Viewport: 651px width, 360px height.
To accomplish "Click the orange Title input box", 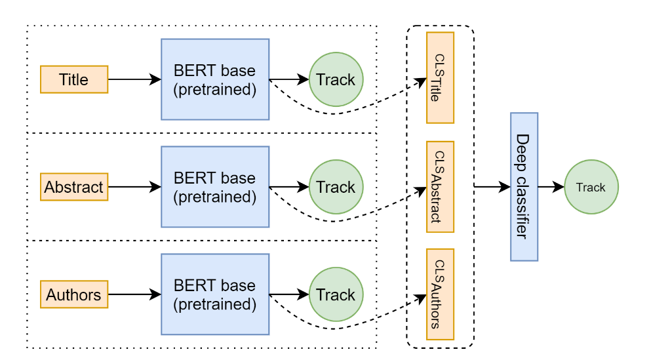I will pos(74,79).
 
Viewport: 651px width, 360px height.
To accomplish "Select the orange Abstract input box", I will pos(74,187).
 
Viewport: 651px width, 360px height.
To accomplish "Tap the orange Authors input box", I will pos(74,294).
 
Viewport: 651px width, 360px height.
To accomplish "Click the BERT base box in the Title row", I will pos(214,79).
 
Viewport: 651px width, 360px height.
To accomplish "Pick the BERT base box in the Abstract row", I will pos(214,187).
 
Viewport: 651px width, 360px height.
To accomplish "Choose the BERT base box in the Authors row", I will pos(214,294).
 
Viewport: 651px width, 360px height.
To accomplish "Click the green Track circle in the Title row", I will pos(336,79).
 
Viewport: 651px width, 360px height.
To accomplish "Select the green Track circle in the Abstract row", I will pos(336,187).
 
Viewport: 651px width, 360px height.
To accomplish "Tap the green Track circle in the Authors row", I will pos(336,294).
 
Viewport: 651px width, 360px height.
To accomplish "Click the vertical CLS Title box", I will pos(440,77).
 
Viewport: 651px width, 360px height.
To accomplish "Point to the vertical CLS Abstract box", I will pos(440,186).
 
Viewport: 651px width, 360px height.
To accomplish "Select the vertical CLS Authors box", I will pos(440,294).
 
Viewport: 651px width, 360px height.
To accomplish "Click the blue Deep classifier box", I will pos(524,187).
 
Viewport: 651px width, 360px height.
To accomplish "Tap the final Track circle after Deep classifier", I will pos(591,187).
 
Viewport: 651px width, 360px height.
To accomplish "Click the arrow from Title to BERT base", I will pos(134,79).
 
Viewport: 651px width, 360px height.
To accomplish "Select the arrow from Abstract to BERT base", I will pos(134,187).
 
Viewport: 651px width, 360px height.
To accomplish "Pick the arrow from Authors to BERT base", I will pos(134,294).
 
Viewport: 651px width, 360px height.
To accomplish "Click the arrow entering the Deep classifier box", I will pos(492,187).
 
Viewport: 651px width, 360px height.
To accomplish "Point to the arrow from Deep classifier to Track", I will pos(551,187).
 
